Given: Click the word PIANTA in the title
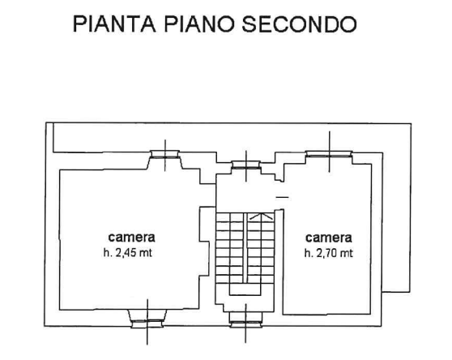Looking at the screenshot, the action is (x=114, y=24).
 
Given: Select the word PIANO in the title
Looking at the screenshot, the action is (x=199, y=24).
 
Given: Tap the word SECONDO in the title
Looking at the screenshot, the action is (x=299, y=24).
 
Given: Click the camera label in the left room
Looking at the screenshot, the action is (x=131, y=238).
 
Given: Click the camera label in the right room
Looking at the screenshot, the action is (x=329, y=238).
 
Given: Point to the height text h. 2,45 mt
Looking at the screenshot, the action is (x=128, y=253).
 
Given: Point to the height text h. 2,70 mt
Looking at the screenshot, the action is (x=329, y=253).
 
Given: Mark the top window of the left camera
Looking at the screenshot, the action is (x=165, y=154).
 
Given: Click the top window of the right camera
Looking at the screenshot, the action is (x=329, y=154).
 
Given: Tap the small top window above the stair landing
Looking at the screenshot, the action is (x=246, y=165).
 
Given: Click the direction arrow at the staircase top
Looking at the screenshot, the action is (x=261, y=216).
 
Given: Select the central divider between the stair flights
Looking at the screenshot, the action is (x=245, y=248).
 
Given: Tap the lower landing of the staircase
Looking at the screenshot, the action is (x=245, y=289).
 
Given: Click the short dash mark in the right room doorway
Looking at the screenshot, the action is (x=282, y=197).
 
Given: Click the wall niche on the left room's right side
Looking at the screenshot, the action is (x=204, y=241).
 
